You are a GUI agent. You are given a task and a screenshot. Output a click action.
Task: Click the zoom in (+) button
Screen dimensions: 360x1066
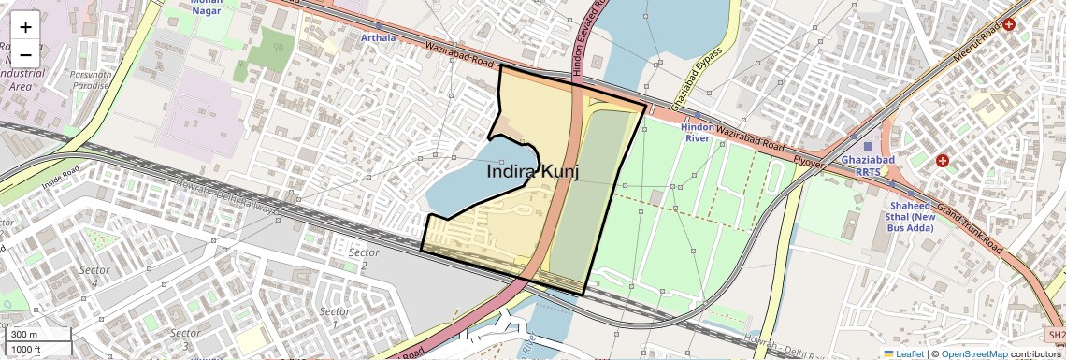point(25,26)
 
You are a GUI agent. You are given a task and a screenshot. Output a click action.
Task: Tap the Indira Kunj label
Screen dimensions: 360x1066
point(533,172)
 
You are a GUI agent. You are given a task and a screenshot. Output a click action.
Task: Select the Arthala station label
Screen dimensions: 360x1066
point(379,38)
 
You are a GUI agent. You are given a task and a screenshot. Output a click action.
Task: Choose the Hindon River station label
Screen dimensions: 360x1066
point(698,132)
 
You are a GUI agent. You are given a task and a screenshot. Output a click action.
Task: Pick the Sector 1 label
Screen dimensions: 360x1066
point(334,317)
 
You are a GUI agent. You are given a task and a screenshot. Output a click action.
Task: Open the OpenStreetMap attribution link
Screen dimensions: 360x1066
point(974,353)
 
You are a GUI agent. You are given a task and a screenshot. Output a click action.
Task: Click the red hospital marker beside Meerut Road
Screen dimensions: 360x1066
point(1009,24)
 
